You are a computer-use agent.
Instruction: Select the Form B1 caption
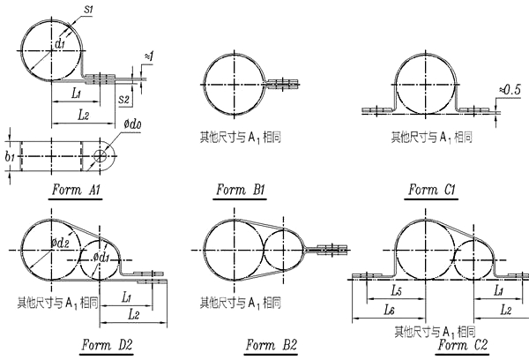[x=241, y=191]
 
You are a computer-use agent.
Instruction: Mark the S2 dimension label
[x=125, y=101]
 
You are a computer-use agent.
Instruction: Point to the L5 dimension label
[x=399, y=291]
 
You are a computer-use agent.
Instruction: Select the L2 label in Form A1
[x=84, y=115]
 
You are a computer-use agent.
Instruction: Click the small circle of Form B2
[x=280, y=250]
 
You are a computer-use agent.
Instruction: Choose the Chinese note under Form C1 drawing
[x=432, y=138]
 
